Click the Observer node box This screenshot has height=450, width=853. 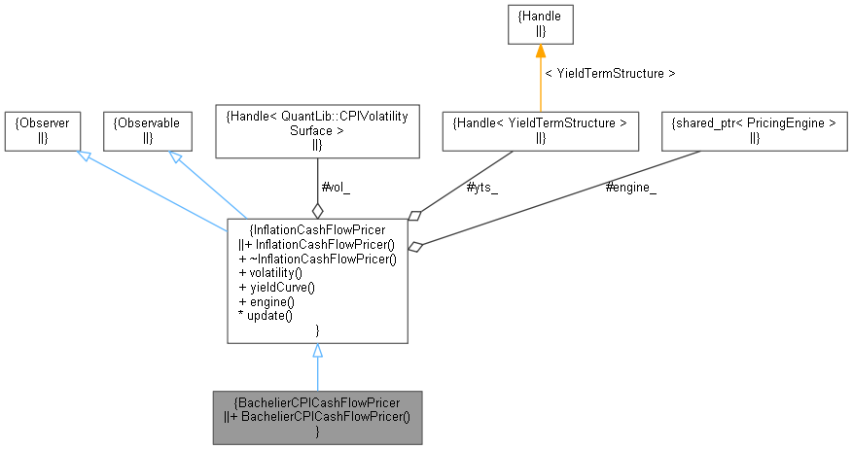(41, 130)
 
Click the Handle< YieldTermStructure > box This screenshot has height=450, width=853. (540, 130)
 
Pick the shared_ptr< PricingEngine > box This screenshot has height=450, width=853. (755, 130)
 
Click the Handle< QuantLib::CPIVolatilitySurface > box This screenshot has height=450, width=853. (316, 130)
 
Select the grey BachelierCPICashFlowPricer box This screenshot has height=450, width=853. (317, 417)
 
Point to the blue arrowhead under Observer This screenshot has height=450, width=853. (85, 156)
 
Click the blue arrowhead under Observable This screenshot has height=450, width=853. (176, 156)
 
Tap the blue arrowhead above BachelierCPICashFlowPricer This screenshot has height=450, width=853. (317, 351)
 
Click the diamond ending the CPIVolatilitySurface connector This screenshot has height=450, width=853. (316, 210)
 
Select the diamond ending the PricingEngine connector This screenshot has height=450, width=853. (415, 247)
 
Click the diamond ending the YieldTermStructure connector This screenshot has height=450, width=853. (415, 215)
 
